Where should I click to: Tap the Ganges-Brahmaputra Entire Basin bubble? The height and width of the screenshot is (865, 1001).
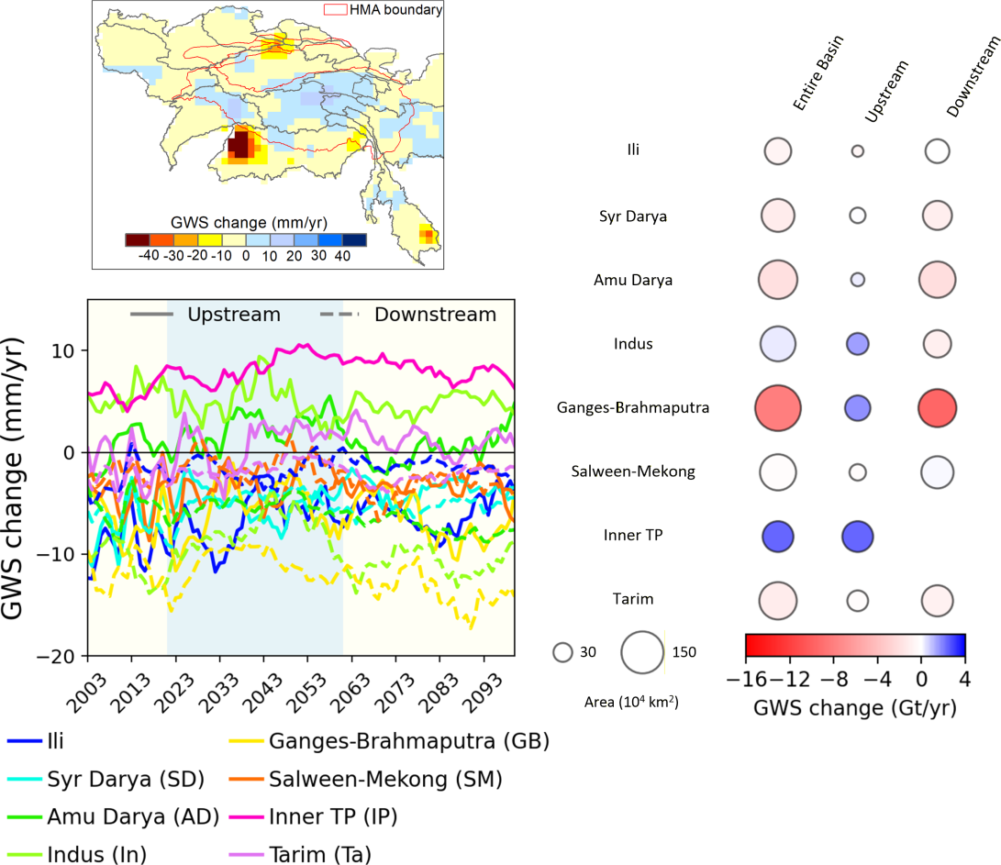point(776,407)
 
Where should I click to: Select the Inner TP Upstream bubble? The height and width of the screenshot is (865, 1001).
point(858,536)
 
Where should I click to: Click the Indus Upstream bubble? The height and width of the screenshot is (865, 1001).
point(858,343)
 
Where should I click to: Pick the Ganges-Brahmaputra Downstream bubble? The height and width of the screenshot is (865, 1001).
point(937,407)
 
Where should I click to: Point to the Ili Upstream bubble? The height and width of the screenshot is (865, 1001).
point(858,150)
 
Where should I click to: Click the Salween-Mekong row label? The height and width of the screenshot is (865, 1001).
point(646,471)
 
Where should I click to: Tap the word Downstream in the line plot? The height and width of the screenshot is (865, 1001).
point(435,315)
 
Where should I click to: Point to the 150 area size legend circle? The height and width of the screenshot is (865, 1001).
point(642,652)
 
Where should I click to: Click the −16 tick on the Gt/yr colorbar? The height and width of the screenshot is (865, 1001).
point(746,680)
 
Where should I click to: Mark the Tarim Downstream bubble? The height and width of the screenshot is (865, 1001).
point(937,600)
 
